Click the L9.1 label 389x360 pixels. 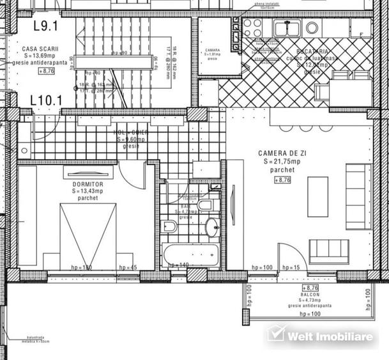point(45,26)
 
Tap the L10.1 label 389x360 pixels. point(46,100)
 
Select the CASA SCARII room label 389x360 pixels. point(38,49)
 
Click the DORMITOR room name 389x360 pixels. point(79,184)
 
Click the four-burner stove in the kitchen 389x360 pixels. point(252,27)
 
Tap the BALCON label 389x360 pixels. point(310,295)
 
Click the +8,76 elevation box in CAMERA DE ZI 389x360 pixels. point(282,180)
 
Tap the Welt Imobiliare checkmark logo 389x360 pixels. point(275,334)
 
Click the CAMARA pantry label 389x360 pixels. point(212,49)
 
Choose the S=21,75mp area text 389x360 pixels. point(282,162)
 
